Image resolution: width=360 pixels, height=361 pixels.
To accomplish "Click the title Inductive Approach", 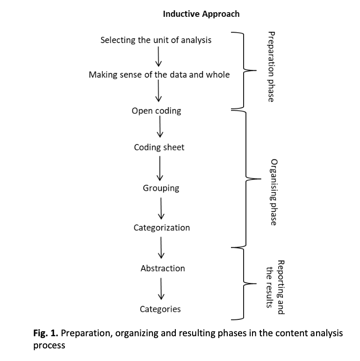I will (x=201, y=14).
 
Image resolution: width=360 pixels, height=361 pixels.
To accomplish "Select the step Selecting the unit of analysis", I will (x=156, y=40).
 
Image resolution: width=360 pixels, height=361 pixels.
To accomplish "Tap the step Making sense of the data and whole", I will (x=159, y=75).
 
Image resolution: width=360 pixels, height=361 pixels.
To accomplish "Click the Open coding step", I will (x=156, y=111).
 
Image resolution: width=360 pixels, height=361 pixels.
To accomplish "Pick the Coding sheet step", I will (x=159, y=147).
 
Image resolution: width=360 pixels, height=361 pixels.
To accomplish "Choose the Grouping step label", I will (x=161, y=188).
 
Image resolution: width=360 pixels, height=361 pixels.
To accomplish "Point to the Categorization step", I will (x=162, y=228).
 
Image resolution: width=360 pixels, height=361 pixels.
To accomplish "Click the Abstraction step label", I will (x=162, y=268).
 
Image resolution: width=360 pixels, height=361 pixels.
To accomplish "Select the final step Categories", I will (x=160, y=309).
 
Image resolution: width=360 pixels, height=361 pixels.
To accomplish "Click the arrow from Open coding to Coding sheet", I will (x=160, y=127).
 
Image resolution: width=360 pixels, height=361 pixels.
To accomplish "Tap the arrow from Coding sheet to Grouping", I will (x=160, y=168).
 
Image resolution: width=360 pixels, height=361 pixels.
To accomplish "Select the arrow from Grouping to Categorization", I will (x=161, y=208).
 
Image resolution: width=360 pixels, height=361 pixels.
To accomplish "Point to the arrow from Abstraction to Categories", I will (x=161, y=289).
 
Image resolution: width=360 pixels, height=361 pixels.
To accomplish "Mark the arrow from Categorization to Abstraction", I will (x=161, y=248).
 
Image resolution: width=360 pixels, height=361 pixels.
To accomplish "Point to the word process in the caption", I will (x=49, y=347).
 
